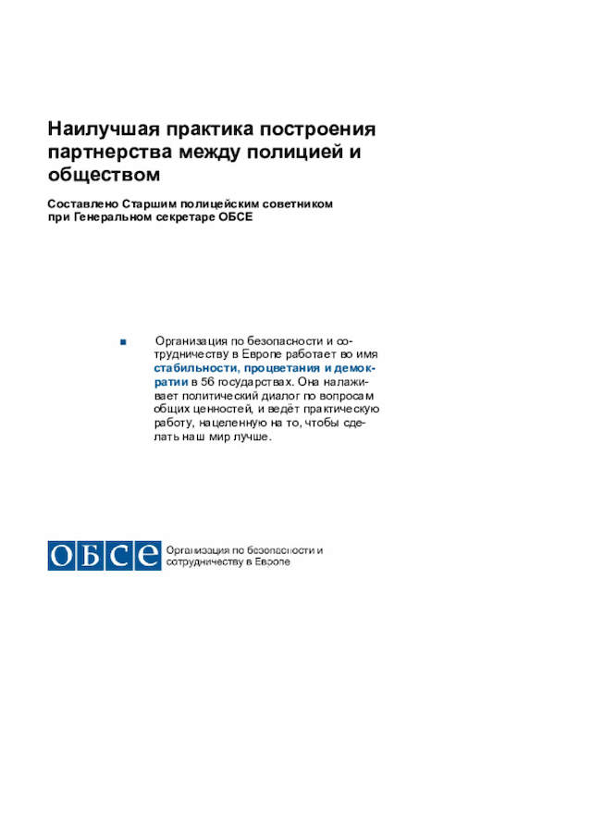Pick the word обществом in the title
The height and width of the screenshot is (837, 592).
point(104,174)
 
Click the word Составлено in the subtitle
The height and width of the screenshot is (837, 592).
point(82,203)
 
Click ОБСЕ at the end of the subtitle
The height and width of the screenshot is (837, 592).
point(235,217)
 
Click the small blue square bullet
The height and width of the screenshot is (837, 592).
point(122,341)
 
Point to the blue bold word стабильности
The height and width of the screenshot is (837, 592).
point(191,368)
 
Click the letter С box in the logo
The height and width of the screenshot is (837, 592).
point(119,555)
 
